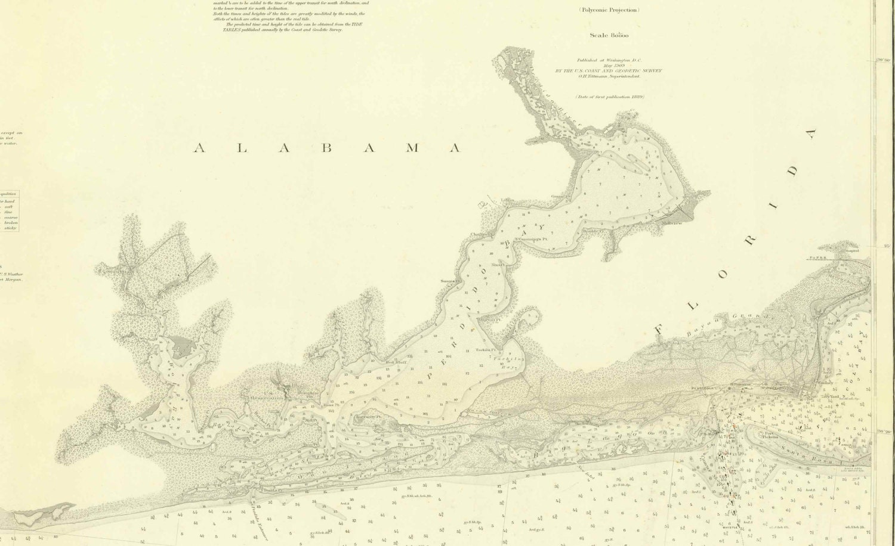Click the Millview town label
click(671, 223)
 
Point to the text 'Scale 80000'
click(609, 35)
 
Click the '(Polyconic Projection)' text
click(609, 10)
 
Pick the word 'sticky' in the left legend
click(10, 228)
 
